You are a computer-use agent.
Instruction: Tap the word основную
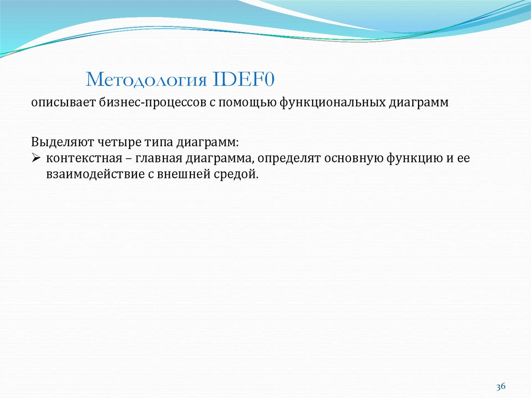point(353,158)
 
